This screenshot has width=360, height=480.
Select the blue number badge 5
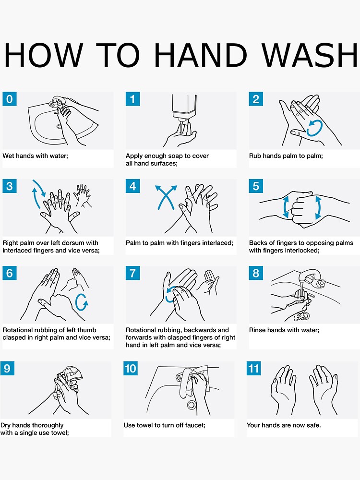256,186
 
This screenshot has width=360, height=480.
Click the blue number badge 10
131,369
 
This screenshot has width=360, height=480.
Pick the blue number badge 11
254,369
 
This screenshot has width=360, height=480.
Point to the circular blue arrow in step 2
314,128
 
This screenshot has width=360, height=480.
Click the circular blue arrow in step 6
82,302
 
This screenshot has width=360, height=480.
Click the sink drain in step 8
305,315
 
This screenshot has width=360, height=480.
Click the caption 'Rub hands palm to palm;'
286,156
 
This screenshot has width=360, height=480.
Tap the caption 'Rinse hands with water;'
284,330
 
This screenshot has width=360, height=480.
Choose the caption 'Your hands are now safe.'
284,425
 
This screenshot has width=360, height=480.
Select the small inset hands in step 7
210,282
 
